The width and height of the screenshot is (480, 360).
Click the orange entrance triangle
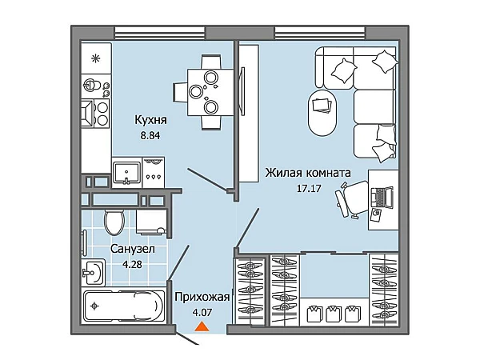pyautogui.click(x=202, y=327)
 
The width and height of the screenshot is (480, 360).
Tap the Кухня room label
pyautogui.click(x=151, y=120)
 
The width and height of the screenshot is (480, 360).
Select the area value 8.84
pyautogui.click(x=150, y=136)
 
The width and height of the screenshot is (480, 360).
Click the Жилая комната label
pyautogui.click(x=308, y=173)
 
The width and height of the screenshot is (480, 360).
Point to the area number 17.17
pyautogui.click(x=309, y=188)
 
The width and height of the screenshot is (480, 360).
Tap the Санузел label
pyautogui.click(x=133, y=249)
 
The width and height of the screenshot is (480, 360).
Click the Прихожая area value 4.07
pyautogui.click(x=202, y=313)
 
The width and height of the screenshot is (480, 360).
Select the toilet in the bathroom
pyautogui.click(x=114, y=222)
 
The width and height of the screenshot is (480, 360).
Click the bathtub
pyautogui.click(x=124, y=306)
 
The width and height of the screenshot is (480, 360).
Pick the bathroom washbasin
pyautogui.click(x=94, y=272)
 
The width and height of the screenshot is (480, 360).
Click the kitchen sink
pyautogui.click(x=126, y=172)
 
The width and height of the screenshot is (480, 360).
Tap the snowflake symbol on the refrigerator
pyautogui.click(x=96, y=58)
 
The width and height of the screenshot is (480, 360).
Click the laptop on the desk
pyautogui.click(x=382, y=197)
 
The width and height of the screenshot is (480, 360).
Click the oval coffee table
pyautogui.click(x=322, y=112)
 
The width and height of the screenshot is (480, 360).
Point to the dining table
pyautogui.click(x=211, y=92)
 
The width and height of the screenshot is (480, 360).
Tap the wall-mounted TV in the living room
pyautogui.click(x=242, y=90)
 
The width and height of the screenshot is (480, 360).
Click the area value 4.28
pyautogui.click(x=132, y=264)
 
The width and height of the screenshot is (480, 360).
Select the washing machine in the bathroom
pyautogui.click(x=151, y=222)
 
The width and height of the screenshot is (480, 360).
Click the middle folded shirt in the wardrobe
pyautogui.click(x=334, y=314)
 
